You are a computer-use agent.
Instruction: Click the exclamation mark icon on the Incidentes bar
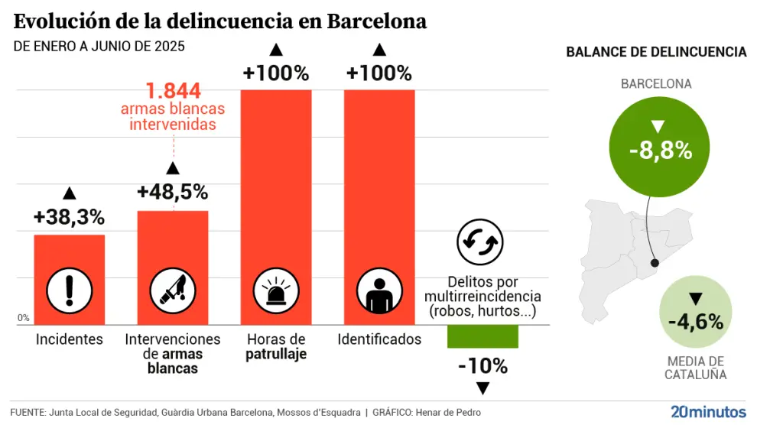[70, 290]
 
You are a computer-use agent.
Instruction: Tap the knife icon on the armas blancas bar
[173, 290]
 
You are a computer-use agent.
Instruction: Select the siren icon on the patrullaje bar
[276, 290]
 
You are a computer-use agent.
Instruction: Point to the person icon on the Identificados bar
[379, 290]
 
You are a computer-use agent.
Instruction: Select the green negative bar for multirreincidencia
[482, 336]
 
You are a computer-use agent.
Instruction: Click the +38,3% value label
[69, 217]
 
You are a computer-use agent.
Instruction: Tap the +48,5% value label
[172, 192]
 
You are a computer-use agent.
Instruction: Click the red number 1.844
[174, 92]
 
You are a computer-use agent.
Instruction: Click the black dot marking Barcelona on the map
[655, 263]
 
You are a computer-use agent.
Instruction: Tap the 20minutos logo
[708, 411]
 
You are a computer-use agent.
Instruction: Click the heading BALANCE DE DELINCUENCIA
[656, 52]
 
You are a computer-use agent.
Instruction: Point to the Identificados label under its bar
[379, 339]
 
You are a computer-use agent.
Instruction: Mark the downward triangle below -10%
[482, 388]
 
